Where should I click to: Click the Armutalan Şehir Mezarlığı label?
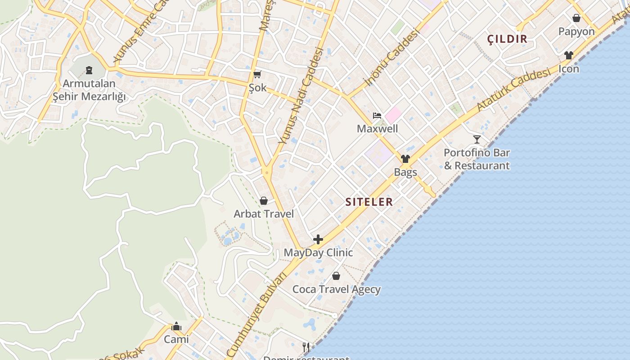click(x=89, y=90)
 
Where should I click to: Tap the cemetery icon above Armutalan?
click(x=89, y=70)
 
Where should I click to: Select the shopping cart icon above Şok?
click(x=257, y=74)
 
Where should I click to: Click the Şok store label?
click(x=258, y=87)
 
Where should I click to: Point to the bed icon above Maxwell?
click(x=377, y=116)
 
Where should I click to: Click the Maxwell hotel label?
click(x=377, y=129)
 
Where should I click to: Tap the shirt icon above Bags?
click(x=405, y=159)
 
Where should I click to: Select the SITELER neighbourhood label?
click(x=369, y=202)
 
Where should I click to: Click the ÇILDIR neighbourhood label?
click(x=507, y=39)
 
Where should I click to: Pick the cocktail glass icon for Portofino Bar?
click(x=477, y=139)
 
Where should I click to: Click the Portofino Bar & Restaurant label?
click(x=477, y=159)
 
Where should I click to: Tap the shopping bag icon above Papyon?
click(x=576, y=18)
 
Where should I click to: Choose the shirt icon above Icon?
click(x=569, y=56)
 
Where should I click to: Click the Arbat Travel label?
click(x=264, y=214)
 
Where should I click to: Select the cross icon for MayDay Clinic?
click(x=318, y=239)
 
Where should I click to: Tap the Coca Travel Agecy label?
click(x=337, y=289)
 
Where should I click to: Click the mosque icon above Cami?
click(x=176, y=326)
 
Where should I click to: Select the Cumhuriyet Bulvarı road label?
click(x=256, y=315)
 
